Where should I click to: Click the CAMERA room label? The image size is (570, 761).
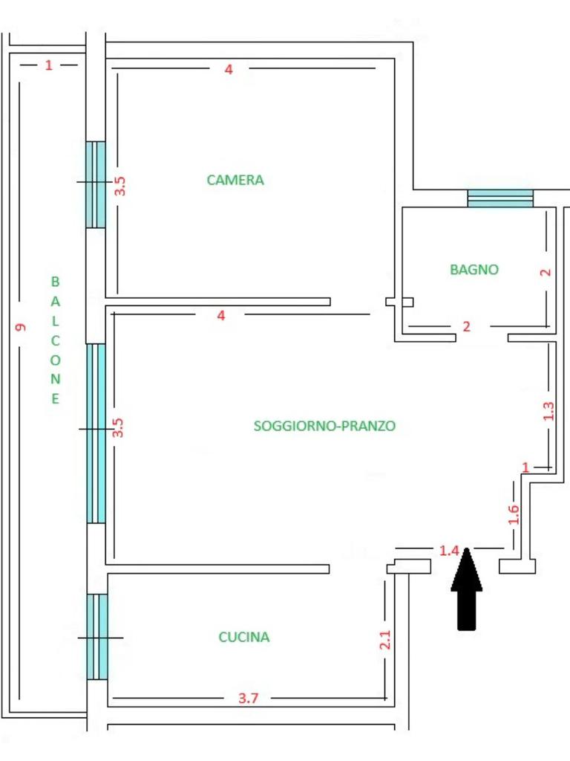[235, 180]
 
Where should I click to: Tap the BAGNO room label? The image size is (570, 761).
[474, 269]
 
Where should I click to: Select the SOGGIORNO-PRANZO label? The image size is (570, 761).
[325, 426]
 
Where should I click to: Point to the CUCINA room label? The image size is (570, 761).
[243, 637]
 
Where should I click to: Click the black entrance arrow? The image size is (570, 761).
[466, 589]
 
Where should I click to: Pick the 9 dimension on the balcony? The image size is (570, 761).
[20, 328]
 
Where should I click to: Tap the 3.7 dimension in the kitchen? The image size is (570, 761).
[248, 698]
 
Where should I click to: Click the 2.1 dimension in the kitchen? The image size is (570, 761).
[385, 640]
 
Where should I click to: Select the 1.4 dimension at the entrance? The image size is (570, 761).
[449, 551]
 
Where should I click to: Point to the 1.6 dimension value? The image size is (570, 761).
[514, 514]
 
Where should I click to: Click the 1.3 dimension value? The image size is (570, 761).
[548, 411]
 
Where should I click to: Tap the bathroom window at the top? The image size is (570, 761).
[500, 198]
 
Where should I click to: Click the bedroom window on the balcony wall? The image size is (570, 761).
[96, 184]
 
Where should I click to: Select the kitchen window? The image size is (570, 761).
[97, 636]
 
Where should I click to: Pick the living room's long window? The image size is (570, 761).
[96, 433]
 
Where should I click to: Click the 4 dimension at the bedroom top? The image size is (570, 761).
[229, 69]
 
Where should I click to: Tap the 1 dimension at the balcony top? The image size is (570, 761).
[48, 65]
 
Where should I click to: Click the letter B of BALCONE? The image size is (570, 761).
[55, 282]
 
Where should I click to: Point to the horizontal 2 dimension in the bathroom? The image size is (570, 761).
[467, 327]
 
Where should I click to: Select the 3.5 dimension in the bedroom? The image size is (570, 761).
[120, 186]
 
